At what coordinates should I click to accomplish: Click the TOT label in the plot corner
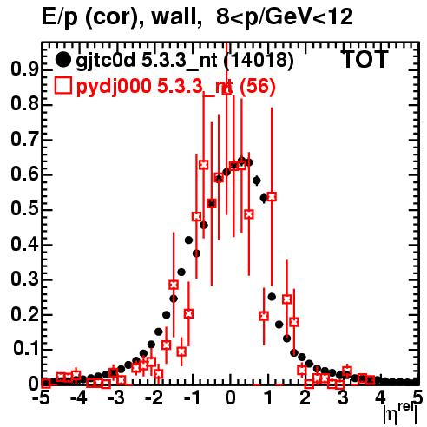(x=365, y=59)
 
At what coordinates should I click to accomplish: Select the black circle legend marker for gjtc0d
(x=62, y=60)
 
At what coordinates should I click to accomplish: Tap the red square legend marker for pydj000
(x=63, y=86)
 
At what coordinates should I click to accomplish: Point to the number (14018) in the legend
(x=259, y=60)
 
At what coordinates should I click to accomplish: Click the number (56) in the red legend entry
(x=258, y=86)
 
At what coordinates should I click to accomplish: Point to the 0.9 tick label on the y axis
(x=24, y=69)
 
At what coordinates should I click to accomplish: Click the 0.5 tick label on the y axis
(x=24, y=209)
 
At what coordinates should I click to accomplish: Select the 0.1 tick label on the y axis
(x=26, y=349)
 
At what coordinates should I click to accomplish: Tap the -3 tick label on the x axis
(x=116, y=398)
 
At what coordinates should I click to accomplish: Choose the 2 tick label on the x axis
(x=305, y=398)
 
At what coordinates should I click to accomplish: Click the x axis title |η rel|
(x=400, y=414)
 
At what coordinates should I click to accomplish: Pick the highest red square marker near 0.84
(x=227, y=89)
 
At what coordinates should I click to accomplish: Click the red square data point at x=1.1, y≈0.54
(x=272, y=197)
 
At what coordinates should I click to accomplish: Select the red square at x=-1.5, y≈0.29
(x=174, y=285)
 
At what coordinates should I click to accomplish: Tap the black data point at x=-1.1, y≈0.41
(x=188, y=240)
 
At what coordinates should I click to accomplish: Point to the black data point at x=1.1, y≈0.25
(x=272, y=297)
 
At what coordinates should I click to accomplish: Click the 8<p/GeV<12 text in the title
(x=285, y=17)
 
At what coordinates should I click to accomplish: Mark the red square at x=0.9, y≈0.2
(x=264, y=316)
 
